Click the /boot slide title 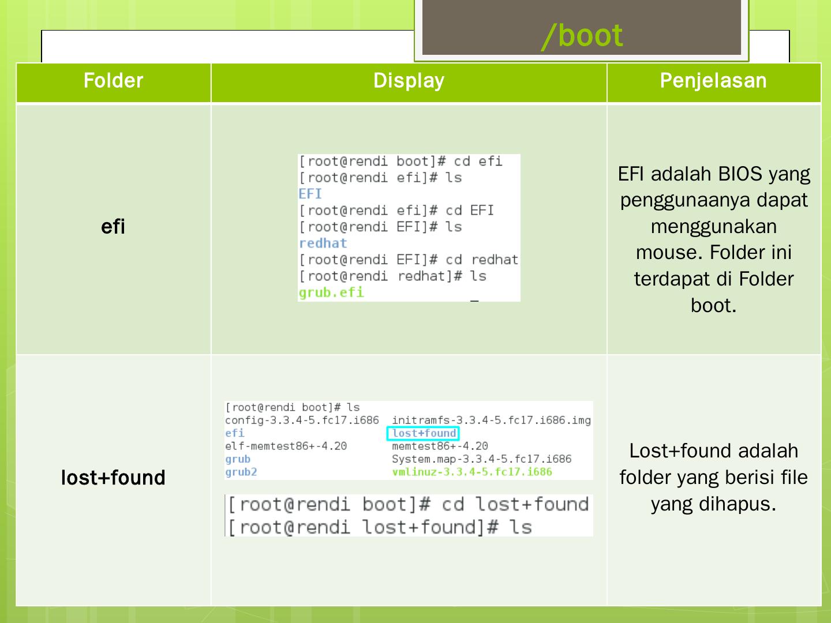(582, 36)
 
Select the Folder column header (113, 81)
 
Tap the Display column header (409, 81)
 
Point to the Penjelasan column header (713, 81)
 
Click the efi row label (113, 227)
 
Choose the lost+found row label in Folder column (113, 478)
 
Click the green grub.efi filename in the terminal (331, 292)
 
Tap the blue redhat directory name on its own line (323, 243)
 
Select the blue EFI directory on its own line (310, 194)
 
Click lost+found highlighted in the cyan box (424, 433)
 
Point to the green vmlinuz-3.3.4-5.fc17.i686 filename (471, 472)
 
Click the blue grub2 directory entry (241, 472)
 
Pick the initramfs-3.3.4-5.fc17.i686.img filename (491, 421)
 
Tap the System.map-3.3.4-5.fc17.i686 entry (481, 459)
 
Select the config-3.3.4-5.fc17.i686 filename (302, 421)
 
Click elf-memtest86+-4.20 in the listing (286, 446)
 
